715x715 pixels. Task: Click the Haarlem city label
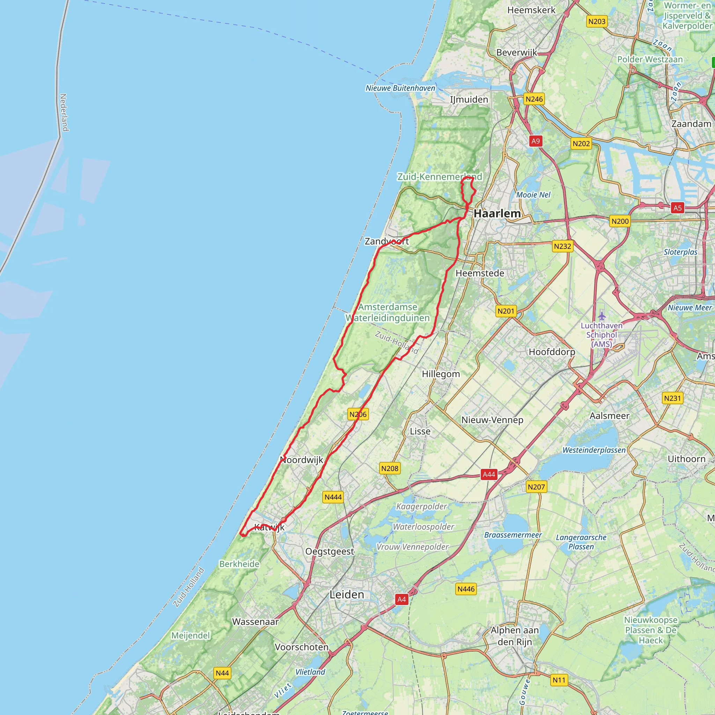[x=497, y=214]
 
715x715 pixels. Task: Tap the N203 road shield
[x=597, y=21]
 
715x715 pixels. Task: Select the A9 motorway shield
[x=536, y=141]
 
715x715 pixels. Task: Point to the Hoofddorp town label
[x=552, y=352]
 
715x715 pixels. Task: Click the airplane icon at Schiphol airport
[x=602, y=316]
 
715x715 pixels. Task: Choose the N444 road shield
[x=333, y=497]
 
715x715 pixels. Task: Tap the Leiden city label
[x=347, y=595]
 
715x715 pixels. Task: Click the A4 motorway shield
[x=401, y=599]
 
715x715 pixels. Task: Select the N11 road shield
[x=559, y=680]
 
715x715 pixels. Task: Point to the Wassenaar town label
[x=255, y=622]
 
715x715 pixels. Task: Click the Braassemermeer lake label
[x=513, y=535]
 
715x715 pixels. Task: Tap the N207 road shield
[x=536, y=487]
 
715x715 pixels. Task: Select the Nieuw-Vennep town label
[x=492, y=420]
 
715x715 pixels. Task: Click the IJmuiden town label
[x=469, y=99]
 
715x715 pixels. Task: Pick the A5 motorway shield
[x=677, y=208]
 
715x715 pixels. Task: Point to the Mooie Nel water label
[x=533, y=195]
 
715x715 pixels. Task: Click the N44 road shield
[x=222, y=673]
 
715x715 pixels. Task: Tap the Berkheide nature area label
[x=239, y=564]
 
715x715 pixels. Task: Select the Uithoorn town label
[x=686, y=459]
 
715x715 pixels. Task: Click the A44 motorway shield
[x=488, y=474]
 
